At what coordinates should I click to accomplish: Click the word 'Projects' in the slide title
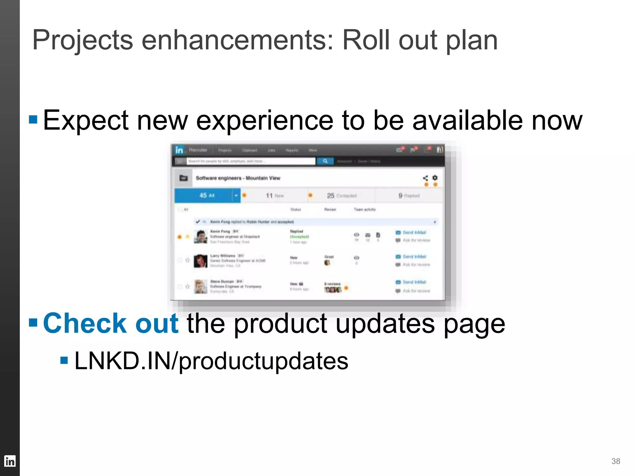point(82,40)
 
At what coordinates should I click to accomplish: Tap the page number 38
point(615,461)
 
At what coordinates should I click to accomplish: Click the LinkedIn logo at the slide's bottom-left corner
point(10,461)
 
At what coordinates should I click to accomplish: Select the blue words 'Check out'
point(111,323)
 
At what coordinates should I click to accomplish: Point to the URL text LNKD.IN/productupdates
point(211,361)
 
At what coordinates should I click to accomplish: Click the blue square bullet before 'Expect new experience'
point(33,119)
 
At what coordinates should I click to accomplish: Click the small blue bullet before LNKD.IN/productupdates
point(64,360)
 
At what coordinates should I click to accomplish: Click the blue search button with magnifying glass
point(325,161)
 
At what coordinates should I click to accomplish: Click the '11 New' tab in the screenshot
point(275,196)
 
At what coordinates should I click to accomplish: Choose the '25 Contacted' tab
point(341,196)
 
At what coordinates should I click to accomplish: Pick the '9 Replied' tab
point(409,196)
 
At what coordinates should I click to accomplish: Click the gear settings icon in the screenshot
point(435,178)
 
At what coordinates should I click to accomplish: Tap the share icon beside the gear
point(425,178)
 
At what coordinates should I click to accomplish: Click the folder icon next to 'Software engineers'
point(184,178)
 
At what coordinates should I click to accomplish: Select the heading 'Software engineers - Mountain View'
point(238,178)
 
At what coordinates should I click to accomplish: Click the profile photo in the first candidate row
point(200,236)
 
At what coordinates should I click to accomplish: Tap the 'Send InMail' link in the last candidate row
point(414,282)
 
